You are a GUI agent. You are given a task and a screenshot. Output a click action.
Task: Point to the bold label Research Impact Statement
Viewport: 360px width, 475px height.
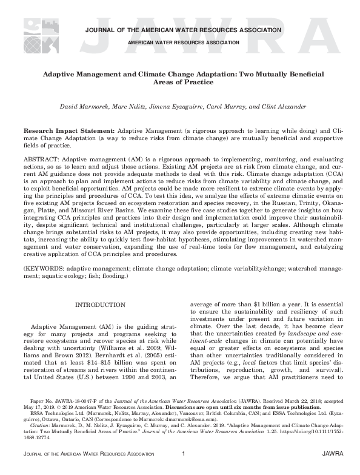[x=68, y=131]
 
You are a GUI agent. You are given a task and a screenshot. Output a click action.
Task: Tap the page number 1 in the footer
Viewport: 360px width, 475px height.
[x=182, y=470]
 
